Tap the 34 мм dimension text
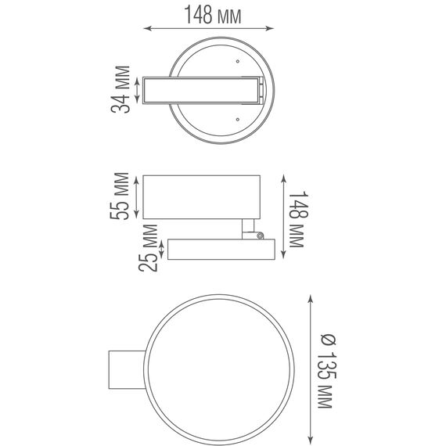[121, 91]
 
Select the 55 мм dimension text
[121, 196]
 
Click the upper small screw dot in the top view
[238, 60]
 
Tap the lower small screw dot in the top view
[238, 118]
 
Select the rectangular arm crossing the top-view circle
[200, 90]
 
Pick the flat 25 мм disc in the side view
[218, 250]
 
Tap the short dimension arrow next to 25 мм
[162, 250]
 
